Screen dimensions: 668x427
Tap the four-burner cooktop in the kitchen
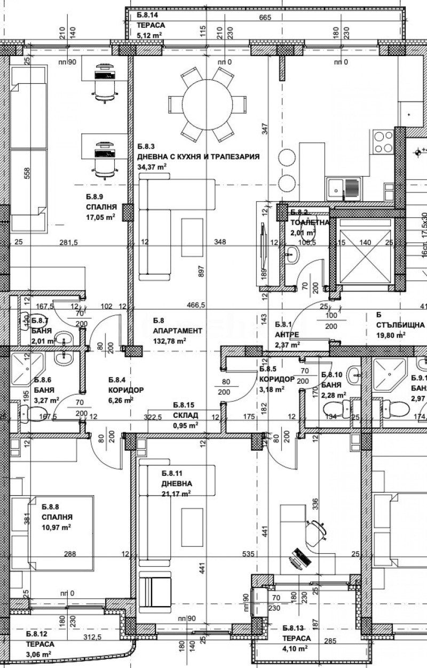(x=383, y=142)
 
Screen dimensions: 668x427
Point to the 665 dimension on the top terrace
(x=265, y=18)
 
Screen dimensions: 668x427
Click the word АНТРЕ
(x=287, y=335)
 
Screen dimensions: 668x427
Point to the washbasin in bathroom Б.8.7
(x=65, y=338)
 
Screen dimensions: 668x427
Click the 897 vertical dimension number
(x=202, y=286)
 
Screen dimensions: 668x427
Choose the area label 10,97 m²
(x=57, y=527)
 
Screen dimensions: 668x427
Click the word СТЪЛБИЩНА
(x=400, y=325)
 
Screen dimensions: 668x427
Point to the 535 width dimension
(x=249, y=554)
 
